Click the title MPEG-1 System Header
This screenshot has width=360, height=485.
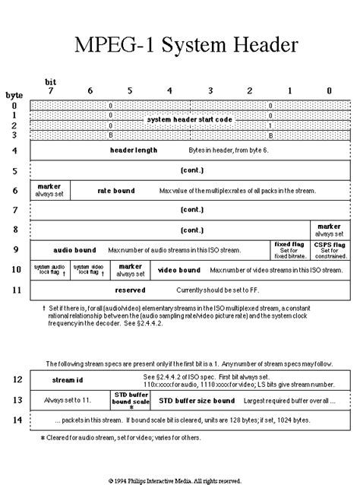pos(180,45)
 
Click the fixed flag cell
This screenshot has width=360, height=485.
pos(289,249)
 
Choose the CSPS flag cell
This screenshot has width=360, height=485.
pos(330,249)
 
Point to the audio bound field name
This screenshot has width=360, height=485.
pos(74,249)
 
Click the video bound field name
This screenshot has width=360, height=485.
pos(179,269)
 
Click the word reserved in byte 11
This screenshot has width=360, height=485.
pos(130,290)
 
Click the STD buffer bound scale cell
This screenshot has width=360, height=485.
pos(131,399)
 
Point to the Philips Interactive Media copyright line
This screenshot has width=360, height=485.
pos(179,480)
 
